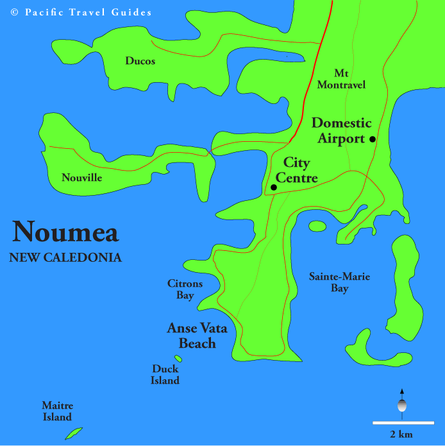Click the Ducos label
click(140, 62)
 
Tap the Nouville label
click(81, 178)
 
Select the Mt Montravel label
click(350, 79)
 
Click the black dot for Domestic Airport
click(372, 139)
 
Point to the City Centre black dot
click(274, 187)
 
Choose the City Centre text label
click(296, 170)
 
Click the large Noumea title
click(65, 232)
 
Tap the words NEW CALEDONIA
click(65, 258)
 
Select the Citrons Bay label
click(185, 289)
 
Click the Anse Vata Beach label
click(197, 336)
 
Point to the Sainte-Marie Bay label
click(339, 283)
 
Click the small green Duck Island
click(178, 359)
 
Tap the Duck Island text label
click(165, 375)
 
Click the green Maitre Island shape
click(73, 433)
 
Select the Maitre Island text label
click(58, 411)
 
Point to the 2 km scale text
click(401, 434)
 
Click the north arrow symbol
click(402, 401)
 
